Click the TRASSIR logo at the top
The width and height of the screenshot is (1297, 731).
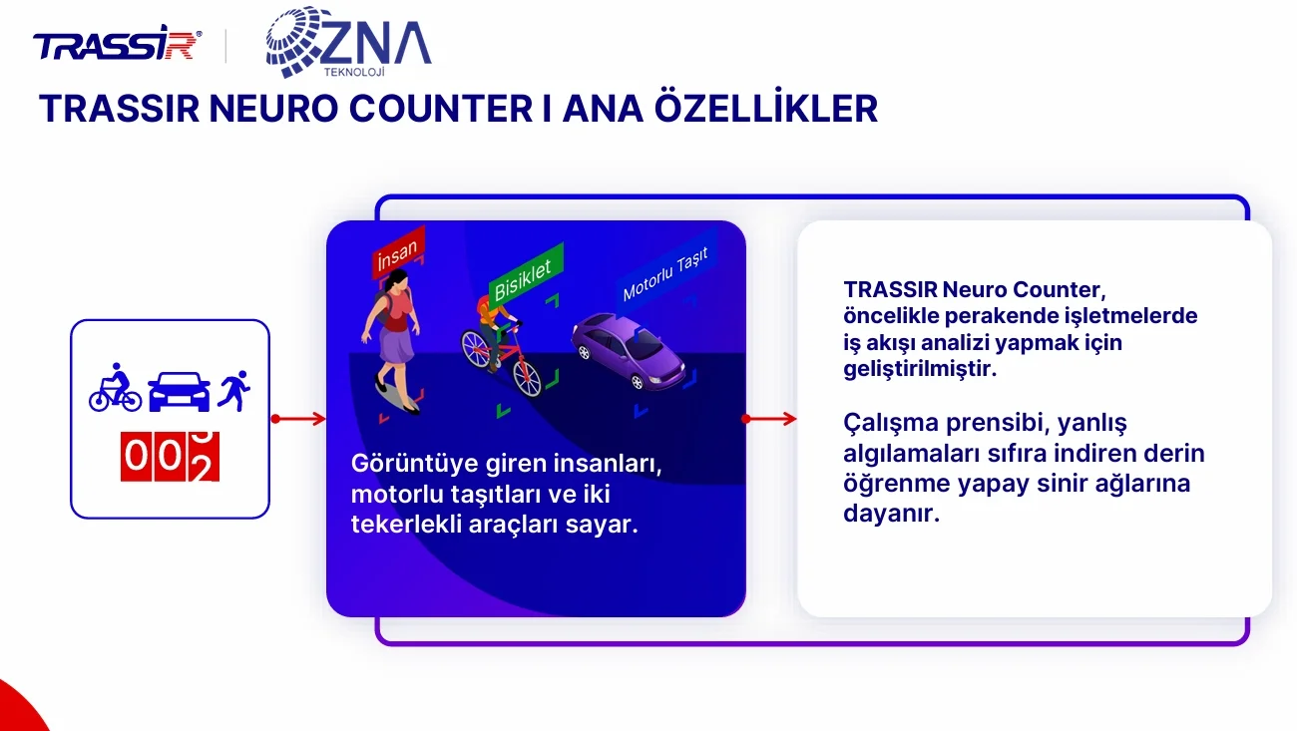coord(117,43)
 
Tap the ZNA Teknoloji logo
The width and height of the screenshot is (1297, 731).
coord(348,42)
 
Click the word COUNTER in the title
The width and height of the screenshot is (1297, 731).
coord(441,109)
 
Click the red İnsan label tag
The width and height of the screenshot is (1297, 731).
coord(398,251)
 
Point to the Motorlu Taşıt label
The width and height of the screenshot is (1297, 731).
coord(665,274)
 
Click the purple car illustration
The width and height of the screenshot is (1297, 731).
coord(629,351)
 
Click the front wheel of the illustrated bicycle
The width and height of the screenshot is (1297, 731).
coord(527,377)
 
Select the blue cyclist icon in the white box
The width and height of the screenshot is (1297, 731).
coord(115,387)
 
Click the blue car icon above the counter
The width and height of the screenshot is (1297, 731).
coord(179,391)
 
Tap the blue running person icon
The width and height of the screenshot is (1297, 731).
coord(233,391)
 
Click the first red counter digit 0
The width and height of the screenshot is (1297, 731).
coord(136,456)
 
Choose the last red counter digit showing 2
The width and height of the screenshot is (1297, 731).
coord(204,456)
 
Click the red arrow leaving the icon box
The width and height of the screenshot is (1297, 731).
coord(298,419)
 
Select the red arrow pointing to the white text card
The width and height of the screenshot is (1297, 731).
coord(769,419)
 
